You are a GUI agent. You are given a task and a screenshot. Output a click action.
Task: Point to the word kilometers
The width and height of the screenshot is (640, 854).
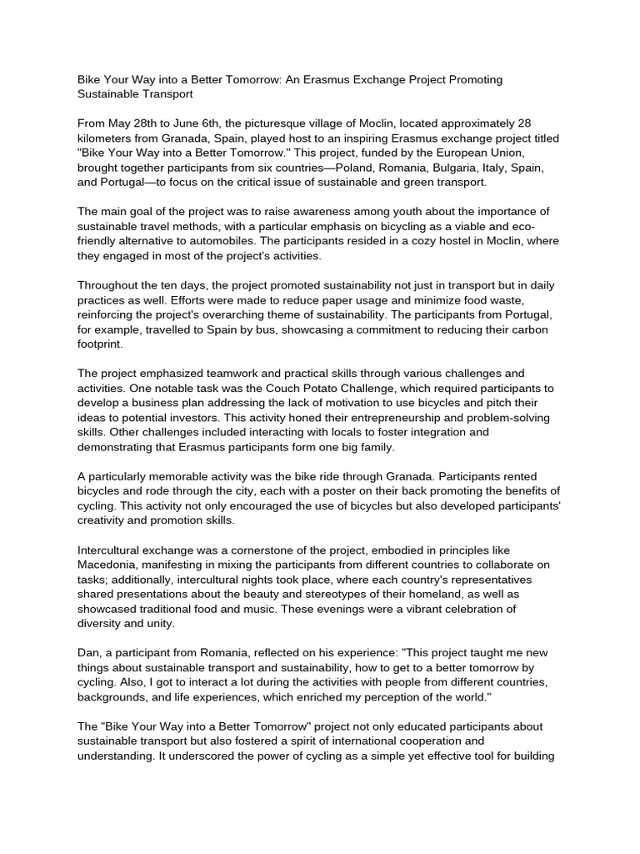click(108, 138)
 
